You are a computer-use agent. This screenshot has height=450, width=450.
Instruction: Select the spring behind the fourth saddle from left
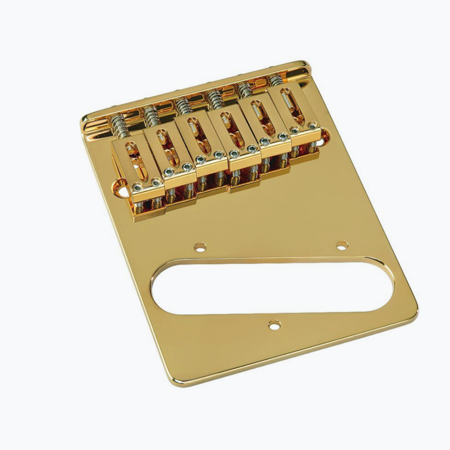(215, 98)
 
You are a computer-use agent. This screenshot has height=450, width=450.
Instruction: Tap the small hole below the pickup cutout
(274, 325)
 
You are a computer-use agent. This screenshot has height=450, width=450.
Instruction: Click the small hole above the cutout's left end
(200, 247)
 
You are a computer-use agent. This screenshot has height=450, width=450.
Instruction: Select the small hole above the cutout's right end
(342, 245)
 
